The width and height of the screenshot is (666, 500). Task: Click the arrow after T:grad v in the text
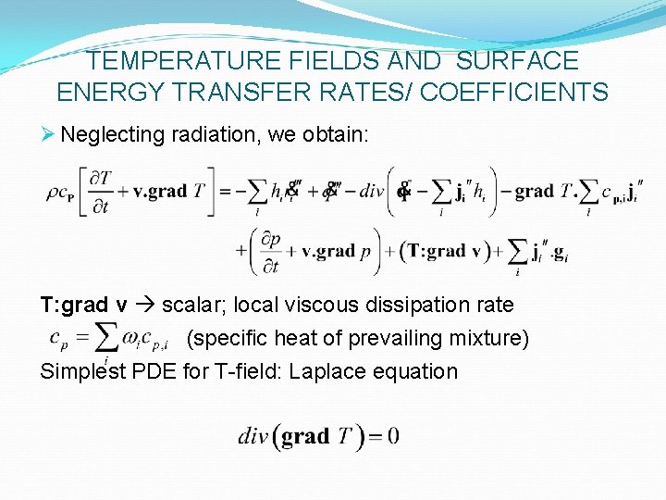point(147,306)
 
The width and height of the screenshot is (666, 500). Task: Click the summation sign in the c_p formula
point(108,336)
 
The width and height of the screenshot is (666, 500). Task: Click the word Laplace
point(329,371)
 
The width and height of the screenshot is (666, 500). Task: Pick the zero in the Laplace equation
point(393,435)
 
